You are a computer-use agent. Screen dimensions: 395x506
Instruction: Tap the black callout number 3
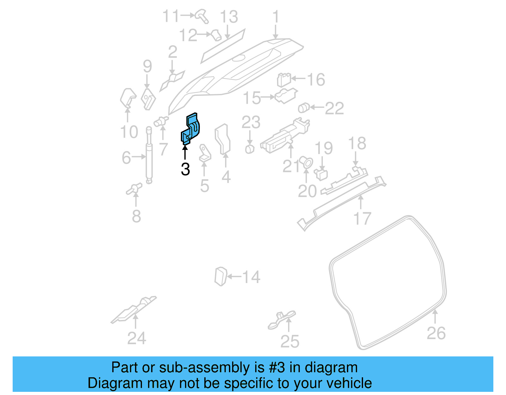pyautogui.click(x=185, y=169)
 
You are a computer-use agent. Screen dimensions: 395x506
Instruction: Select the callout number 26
pyautogui.click(x=436, y=333)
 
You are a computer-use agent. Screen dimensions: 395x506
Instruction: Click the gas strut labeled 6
pyautogui.click(x=149, y=155)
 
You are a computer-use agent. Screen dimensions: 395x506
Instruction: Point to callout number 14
pyautogui.click(x=251, y=277)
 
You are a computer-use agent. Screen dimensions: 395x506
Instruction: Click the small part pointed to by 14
pyautogui.click(x=221, y=276)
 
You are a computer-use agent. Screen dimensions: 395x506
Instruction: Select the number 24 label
pyautogui.click(x=137, y=338)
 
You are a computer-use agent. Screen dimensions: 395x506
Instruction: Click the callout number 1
pyautogui.click(x=276, y=16)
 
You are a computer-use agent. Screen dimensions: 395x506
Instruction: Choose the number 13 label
pyautogui.click(x=229, y=16)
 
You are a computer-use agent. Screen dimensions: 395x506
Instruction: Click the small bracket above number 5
pyautogui.click(x=204, y=154)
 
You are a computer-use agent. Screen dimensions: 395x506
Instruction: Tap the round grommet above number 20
pyautogui.click(x=306, y=162)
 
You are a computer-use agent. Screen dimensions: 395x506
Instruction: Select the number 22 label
pyautogui.click(x=334, y=108)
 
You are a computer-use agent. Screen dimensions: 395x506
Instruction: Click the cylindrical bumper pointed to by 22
pyautogui.click(x=304, y=108)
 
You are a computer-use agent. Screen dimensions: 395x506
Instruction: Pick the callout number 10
pyautogui.click(x=129, y=132)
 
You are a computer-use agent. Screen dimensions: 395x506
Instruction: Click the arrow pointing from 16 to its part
pyautogui.click(x=298, y=78)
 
